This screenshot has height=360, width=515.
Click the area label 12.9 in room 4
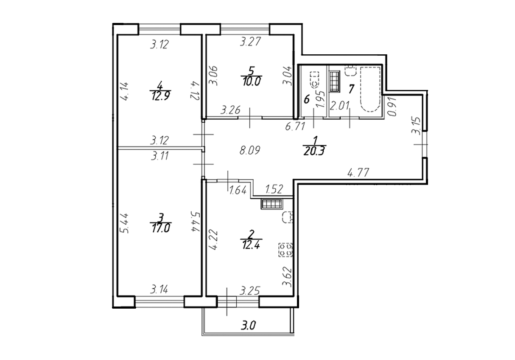(161, 96)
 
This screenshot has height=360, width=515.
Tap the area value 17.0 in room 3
(161, 228)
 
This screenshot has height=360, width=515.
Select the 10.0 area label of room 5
(252, 81)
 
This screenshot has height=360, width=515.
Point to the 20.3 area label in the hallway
(314, 151)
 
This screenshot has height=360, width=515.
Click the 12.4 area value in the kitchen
(251, 245)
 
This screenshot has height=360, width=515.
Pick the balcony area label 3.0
(249, 326)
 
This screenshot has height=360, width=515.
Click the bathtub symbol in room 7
(370, 89)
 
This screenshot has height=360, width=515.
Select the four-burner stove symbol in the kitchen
(285, 250)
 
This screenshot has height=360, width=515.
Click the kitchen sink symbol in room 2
(288, 217)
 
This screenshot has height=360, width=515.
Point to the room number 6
(306, 100)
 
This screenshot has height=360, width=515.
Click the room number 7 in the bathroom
(351, 89)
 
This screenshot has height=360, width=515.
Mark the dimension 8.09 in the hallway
(250, 150)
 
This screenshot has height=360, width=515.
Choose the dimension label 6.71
(295, 126)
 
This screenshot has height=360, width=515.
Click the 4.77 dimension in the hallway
(358, 172)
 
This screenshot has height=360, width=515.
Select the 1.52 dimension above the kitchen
(274, 189)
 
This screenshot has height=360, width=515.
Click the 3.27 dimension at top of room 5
(250, 42)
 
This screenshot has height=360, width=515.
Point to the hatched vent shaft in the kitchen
(271, 204)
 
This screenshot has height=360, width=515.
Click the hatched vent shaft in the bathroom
(335, 82)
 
